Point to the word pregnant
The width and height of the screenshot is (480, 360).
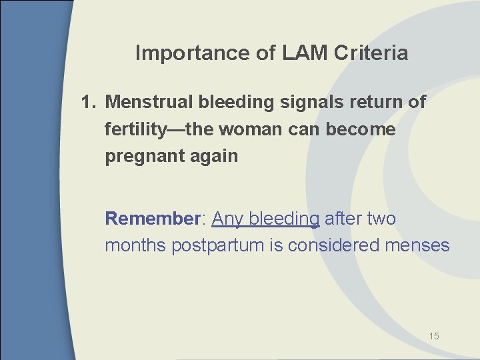pos(137,157)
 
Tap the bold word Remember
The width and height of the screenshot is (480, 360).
pos(153,219)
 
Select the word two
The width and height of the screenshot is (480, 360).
pos(381,219)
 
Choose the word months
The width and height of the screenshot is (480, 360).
pos(136,245)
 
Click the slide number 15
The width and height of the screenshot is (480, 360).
pos(433,336)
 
